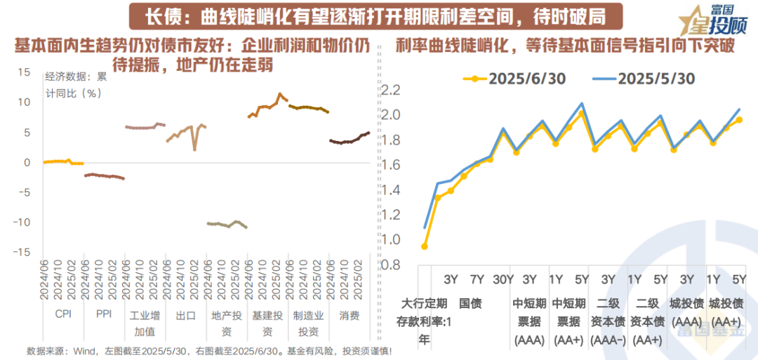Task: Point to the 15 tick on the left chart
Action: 25,72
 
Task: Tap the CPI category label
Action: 63,315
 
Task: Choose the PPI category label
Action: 104,315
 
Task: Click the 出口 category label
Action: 185,315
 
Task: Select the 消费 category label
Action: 349,315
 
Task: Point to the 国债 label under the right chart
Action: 470,304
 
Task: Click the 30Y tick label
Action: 503,279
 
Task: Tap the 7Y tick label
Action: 477,279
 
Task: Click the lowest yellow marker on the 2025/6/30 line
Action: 425,246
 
